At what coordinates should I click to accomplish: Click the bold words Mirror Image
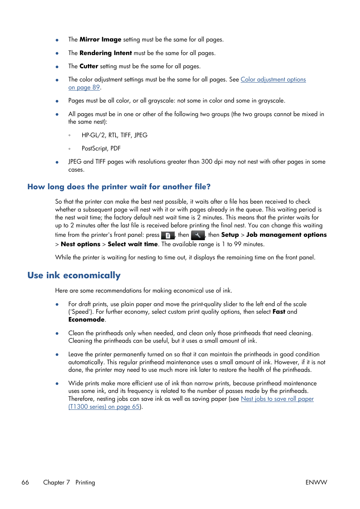click(x=100, y=40)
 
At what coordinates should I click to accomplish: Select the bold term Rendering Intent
click(x=106, y=53)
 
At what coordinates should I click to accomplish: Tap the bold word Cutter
click(x=89, y=66)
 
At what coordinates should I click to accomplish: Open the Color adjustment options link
click(x=273, y=80)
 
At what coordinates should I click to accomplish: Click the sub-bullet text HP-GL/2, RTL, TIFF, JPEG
click(x=114, y=135)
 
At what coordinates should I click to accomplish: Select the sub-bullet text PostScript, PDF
click(x=101, y=149)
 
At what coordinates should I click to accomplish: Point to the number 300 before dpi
click(x=206, y=162)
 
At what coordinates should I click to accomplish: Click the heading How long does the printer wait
click(x=119, y=187)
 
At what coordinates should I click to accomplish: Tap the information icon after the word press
click(x=168, y=235)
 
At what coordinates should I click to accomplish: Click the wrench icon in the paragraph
click(x=198, y=235)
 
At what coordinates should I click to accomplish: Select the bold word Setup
click(x=230, y=235)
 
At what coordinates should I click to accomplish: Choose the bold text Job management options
click(x=286, y=235)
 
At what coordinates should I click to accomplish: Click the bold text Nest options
click(x=80, y=244)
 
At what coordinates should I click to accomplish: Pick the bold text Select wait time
click(x=132, y=244)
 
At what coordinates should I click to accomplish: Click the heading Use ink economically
click(x=74, y=275)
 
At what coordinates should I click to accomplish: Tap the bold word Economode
click(x=86, y=320)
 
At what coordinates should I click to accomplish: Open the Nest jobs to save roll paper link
click(x=277, y=399)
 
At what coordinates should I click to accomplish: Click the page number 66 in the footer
click(x=25, y=482)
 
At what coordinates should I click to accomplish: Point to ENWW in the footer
click(x=316, y=482)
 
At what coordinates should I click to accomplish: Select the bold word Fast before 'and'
click(x=279, y=312)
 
